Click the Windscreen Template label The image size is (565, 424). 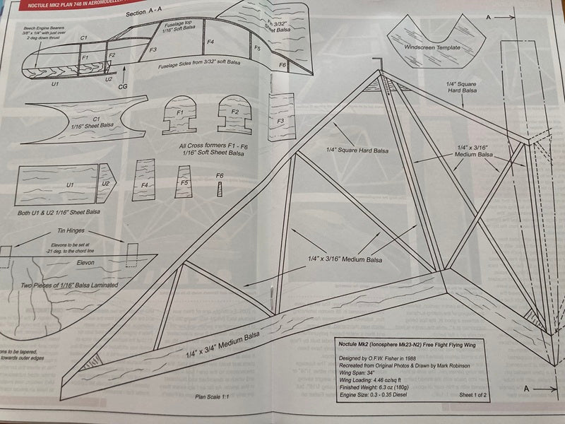432,48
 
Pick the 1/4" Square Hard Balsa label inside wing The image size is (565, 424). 357,150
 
